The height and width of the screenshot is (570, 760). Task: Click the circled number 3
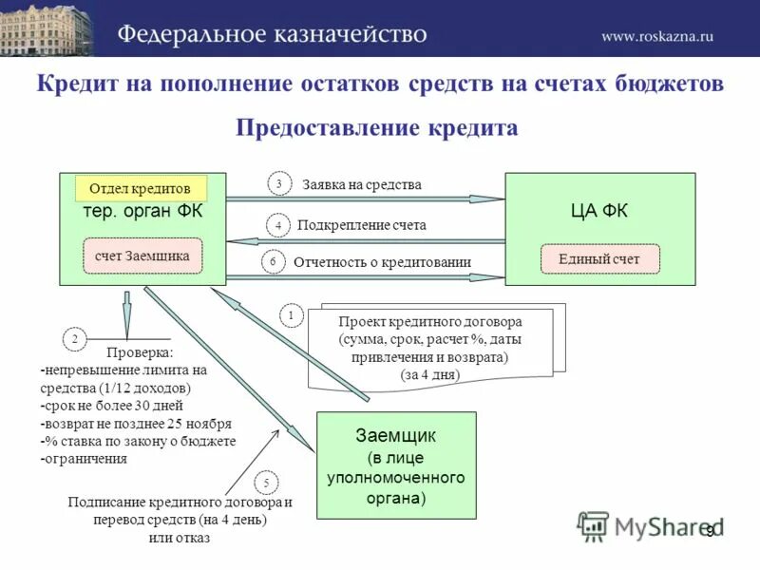(x=279, y=184)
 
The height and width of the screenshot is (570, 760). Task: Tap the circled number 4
(x=278, y=225)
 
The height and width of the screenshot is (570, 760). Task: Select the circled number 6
(x=273, y=261)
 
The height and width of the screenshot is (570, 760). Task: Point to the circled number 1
(x=291, y=314)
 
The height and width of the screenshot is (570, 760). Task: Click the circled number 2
(x=74, y=339)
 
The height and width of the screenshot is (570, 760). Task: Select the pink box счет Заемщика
(x=142, y=256)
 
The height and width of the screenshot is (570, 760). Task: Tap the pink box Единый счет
(x=599, y=258)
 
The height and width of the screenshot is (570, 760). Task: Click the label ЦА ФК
(x=598, y=211)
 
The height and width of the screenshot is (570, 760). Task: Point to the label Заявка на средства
(x=361, y=185)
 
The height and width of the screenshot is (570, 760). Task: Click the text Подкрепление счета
(x=361, y=226)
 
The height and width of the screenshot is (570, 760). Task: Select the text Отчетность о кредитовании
(x=382, y=262)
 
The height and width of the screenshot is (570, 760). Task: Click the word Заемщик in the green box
(x=395, y=436)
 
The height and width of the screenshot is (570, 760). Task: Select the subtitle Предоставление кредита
(x=376, y=128)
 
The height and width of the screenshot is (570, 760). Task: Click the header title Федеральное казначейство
(x=273, y=34)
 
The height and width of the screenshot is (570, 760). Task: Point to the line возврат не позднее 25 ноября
(x=136, y=424)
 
